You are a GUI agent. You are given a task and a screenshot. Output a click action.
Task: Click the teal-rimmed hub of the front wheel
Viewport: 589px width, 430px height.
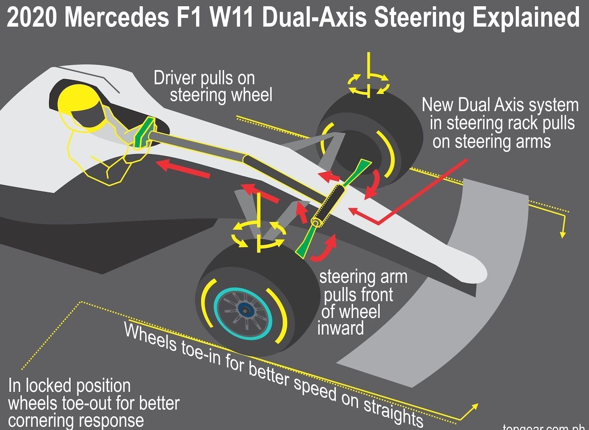(244, 309)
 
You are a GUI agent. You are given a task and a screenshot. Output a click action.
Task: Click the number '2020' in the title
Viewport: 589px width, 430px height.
(32, 19)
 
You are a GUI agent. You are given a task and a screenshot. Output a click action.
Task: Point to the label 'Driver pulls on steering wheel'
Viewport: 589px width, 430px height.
(212, 86)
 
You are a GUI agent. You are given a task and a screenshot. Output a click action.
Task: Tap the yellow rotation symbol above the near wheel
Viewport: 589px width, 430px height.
(258, 232)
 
